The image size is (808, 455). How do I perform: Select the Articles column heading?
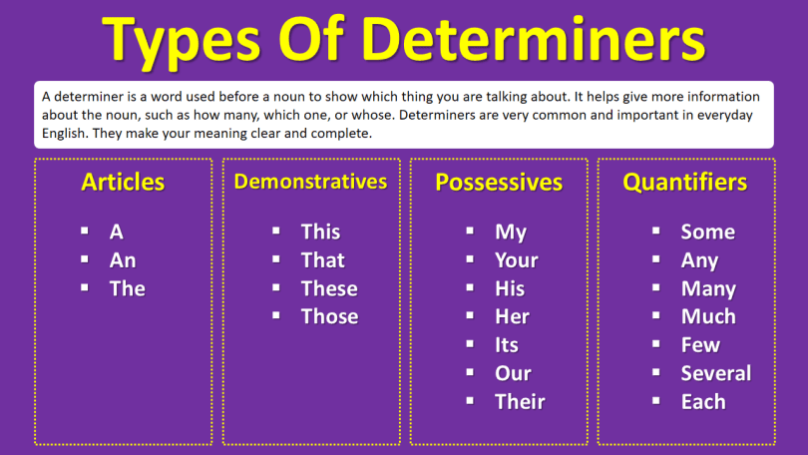(123, 183)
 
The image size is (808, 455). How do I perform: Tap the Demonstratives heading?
(310, 182)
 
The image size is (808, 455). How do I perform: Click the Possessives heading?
(499, 183)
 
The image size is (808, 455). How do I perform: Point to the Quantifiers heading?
(684, 183)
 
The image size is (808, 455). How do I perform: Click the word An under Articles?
(123, 260)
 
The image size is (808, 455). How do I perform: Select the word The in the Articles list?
(127, 289)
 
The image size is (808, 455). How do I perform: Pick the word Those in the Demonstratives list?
(329, 317)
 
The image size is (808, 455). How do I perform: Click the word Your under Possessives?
(516, 260)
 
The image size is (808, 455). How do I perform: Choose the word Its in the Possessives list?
(506, 345)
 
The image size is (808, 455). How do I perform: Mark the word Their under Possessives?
(520, 402)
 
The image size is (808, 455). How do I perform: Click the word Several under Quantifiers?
(715, 374)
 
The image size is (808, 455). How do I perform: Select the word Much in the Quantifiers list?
(708, 317)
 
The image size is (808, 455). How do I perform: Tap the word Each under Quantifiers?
(703, 402)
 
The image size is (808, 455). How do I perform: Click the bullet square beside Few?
(656, 344)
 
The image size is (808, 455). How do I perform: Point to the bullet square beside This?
(276, 230)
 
